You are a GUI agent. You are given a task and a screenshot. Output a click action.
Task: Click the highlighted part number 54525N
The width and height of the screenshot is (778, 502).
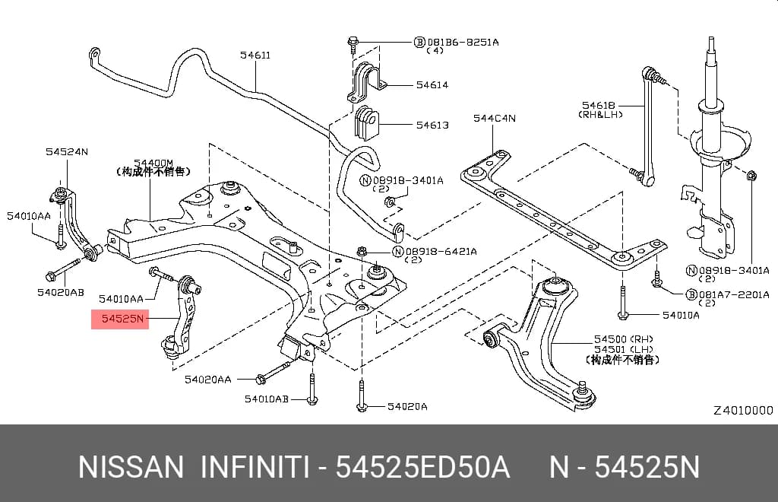pyautogui.click(x=122, y=319)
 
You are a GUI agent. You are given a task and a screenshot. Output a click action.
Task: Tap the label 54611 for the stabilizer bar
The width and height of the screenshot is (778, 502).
pyautogui.click(x=255, y=55)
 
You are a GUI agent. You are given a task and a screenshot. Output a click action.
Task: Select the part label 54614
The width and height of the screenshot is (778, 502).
pyautogui.click(x=432, y=85)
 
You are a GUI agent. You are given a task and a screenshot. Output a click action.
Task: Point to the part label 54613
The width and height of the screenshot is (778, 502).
pyautogui.click(x=432, y=125)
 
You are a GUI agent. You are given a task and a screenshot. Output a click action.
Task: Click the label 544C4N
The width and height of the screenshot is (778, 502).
pyautogui.click(x=494, y=118)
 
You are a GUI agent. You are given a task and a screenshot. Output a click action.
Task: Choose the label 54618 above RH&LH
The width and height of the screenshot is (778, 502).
pyautogui.click(x=599, y=105)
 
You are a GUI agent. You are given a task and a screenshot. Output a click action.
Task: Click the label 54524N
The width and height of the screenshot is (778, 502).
pyautogui.click(x=67, y=151)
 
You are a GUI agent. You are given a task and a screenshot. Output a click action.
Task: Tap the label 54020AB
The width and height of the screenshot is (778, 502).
pyautogui.click(x=61, y=293)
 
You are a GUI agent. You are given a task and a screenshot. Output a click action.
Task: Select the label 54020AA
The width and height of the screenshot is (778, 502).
pyautogui.click(x=208, y=380)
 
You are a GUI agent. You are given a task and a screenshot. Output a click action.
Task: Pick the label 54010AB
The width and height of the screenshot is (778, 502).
pyautogui.click(x=267, y=399)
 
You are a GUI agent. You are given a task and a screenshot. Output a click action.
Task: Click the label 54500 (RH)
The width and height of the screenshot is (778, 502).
pyautogui.click(x=624, y=340)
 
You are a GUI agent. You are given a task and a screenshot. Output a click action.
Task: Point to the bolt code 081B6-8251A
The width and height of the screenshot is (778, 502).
pyautogui.click(x=463, y=42)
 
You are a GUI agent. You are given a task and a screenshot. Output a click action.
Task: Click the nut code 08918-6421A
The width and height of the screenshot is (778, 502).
pyautogui.click(x=441, y=252)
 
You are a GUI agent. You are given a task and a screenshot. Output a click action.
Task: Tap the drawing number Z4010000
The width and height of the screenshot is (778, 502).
pyautogui.click(x=743, y=411)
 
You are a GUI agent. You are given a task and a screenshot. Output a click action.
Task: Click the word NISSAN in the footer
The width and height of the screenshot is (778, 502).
pyautogui.click(x=131, y=468)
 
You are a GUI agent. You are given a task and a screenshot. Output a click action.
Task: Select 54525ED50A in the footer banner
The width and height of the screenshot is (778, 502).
pyautogui.click(x=422, y=468)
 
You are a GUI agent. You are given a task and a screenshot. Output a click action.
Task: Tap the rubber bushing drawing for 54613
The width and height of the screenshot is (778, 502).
pyautogui.click(x=367, y=122)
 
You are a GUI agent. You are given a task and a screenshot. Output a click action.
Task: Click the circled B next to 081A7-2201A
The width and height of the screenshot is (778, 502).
pyautogui.click(x=691, y=294)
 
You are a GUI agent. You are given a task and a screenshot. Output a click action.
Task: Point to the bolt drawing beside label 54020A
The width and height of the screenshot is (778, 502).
pyautogui.click(x=362, y=396)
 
